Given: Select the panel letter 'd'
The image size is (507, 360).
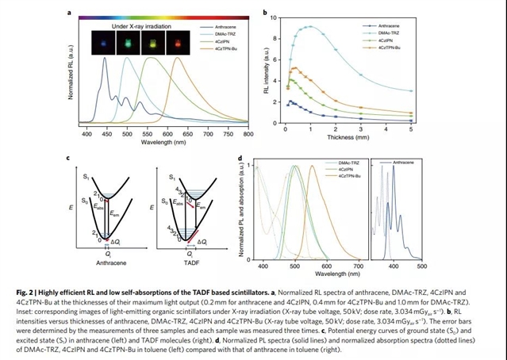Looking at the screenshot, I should pos(240,159).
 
